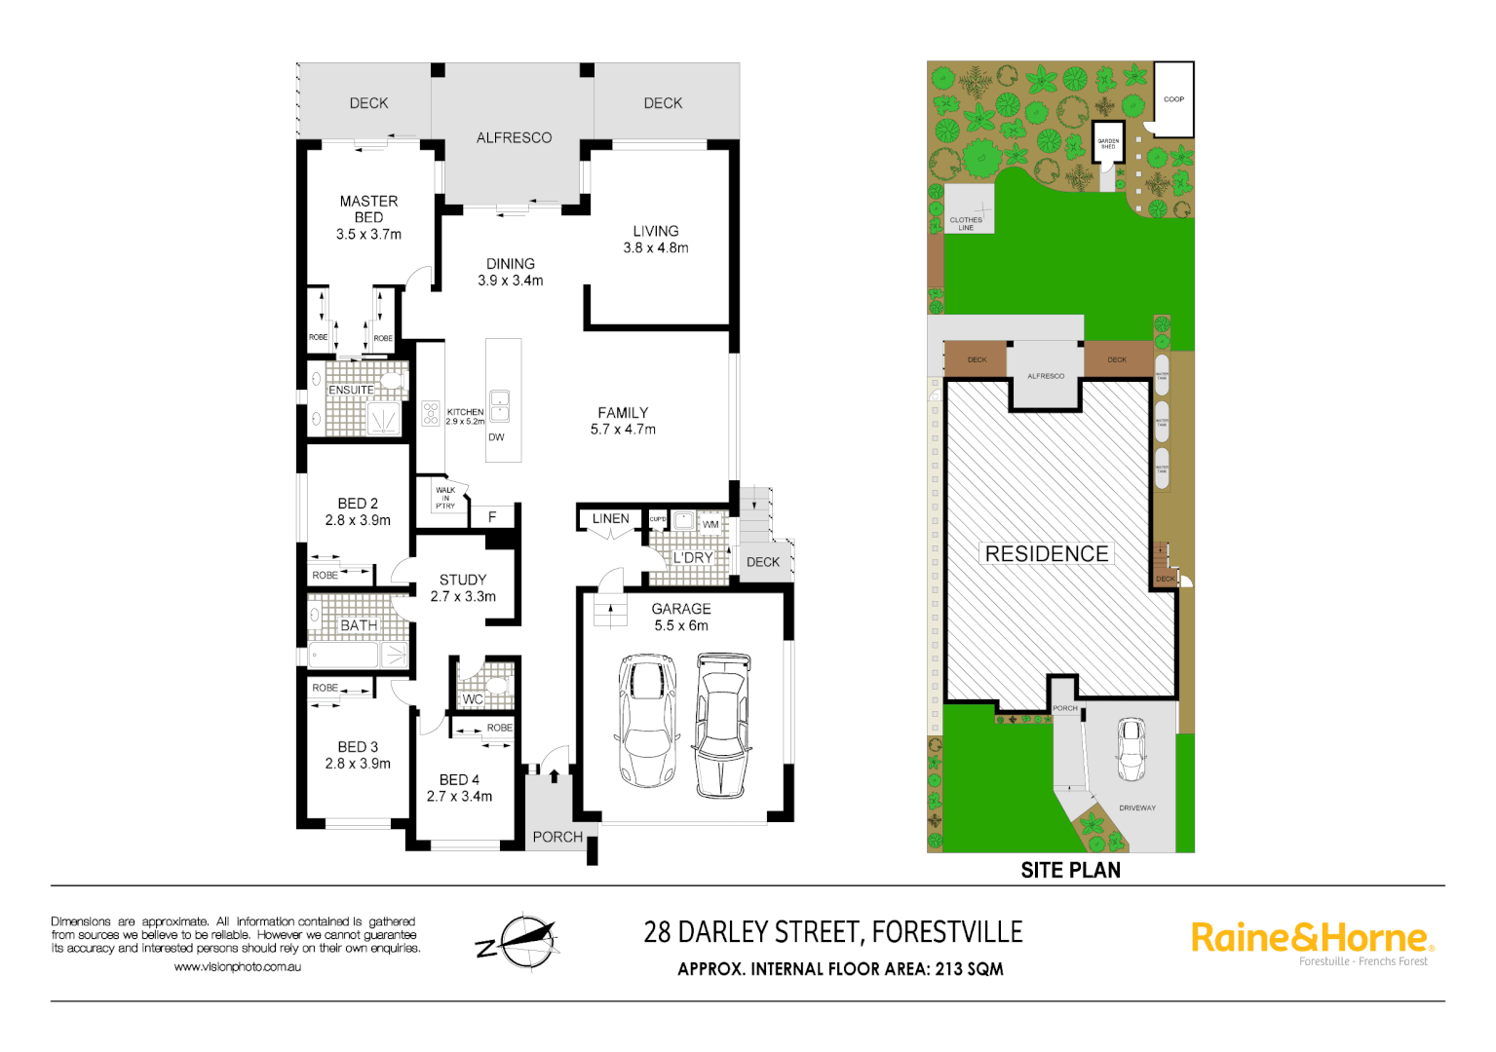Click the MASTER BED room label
(x=368, y=209)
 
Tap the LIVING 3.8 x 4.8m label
(x=656, y=240)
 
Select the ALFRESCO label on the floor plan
(x=514, y=138)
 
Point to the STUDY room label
(x=463, y=580)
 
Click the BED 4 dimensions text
(x=459, y=797)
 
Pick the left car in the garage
(x=646, y=720)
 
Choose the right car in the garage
(x=722, y=725)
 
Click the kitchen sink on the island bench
(x=499, y=405)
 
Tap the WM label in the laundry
(x=710, y=525)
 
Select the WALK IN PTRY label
(x=445, y=498)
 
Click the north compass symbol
(x=520, y=941)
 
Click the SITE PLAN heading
(x=1070, y=871)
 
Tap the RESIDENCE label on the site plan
(x=1047, y=554)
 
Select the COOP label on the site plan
(x=1173, y=99)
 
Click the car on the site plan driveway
(x=1131, y=749)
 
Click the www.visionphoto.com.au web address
(x=237, y=967)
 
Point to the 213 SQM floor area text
(x=969, y=969)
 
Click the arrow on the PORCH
(x=555, y=776)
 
